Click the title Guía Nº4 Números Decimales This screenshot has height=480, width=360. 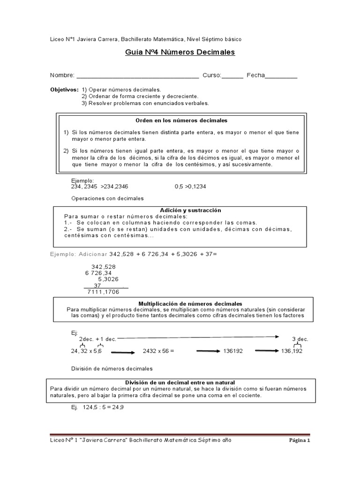(180, 52)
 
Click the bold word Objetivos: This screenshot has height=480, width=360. (64, 90)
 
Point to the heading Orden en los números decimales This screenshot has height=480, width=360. (181, 121)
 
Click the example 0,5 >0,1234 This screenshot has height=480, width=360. (191, 187)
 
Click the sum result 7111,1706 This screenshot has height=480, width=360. (103, 292)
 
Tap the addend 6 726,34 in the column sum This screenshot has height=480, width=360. (98, 273)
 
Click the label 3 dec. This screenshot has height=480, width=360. (300, 339)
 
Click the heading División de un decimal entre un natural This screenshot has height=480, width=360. (180, 382)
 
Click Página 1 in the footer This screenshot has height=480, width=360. (298, 441)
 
